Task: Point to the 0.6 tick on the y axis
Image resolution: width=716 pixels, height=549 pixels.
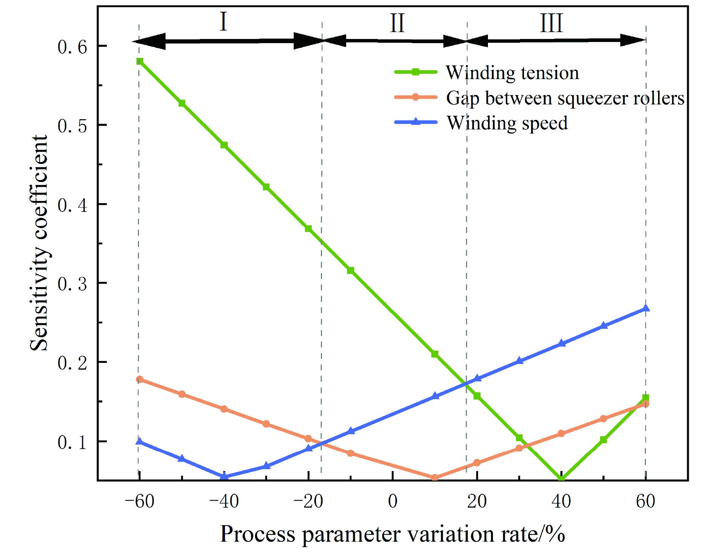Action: point(72,47)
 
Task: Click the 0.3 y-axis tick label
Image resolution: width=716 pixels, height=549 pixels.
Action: point(72,283)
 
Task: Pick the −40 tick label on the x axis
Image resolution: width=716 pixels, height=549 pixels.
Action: point(224,502)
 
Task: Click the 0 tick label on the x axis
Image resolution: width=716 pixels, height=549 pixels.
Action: point(392,502)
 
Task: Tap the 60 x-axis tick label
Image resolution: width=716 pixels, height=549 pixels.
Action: point(646,502)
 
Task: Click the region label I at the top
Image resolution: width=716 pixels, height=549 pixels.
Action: point(224,22)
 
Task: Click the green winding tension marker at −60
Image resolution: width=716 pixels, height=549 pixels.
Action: point(139,61)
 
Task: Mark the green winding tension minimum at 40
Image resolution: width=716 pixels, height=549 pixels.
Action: point(561,479)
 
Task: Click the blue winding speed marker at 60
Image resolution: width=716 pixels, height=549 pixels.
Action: point(646,308)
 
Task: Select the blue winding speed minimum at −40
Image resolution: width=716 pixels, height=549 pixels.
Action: point(224,476)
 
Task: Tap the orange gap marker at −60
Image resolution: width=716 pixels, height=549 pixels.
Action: point(139,379)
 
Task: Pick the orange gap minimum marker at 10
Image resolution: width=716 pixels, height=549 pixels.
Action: point(435,477)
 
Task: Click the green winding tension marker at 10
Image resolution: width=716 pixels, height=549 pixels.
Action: point(435,354)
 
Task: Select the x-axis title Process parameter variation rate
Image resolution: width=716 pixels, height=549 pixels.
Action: point(392,534)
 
